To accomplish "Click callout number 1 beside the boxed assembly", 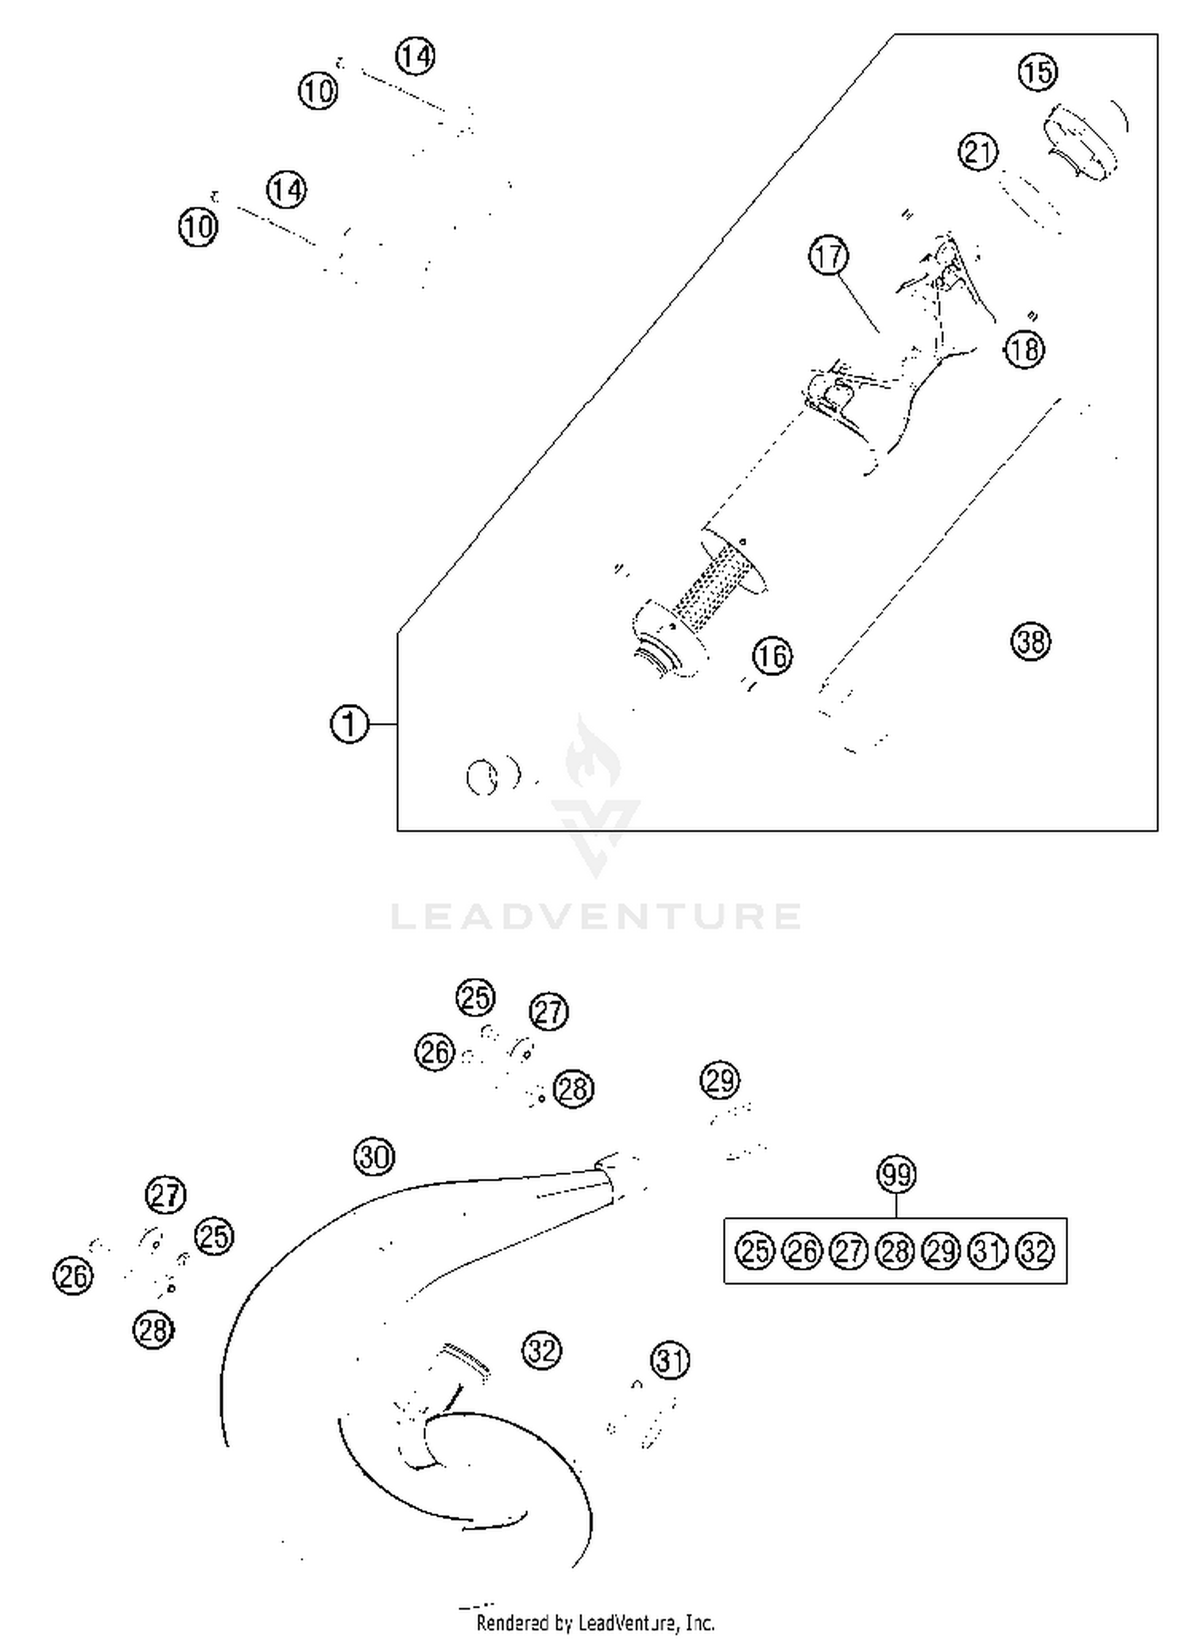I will tap(349, 725).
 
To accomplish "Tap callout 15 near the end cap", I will tap(1037, 72).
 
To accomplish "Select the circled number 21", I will tap(978, 152).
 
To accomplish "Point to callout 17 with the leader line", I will tap(829, 257).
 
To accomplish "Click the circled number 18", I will tap(1024, 349).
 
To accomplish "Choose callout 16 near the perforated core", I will tap(772, 656).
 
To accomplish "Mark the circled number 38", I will tap(1031, 641).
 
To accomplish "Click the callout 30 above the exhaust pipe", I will tap(373, 1157).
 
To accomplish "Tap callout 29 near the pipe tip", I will tap(720, 1081).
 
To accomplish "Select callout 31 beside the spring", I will tap(670, 1361).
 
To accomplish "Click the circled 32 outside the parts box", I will tap(542, 1350).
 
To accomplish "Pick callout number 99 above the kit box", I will tap(896, 1174).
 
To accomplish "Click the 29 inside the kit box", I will tap(942, 1251).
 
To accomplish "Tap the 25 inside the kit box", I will tap(754, 1251).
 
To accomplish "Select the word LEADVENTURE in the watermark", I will tap(596, 916).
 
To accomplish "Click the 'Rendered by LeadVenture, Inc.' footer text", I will tap(595, 1622).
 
